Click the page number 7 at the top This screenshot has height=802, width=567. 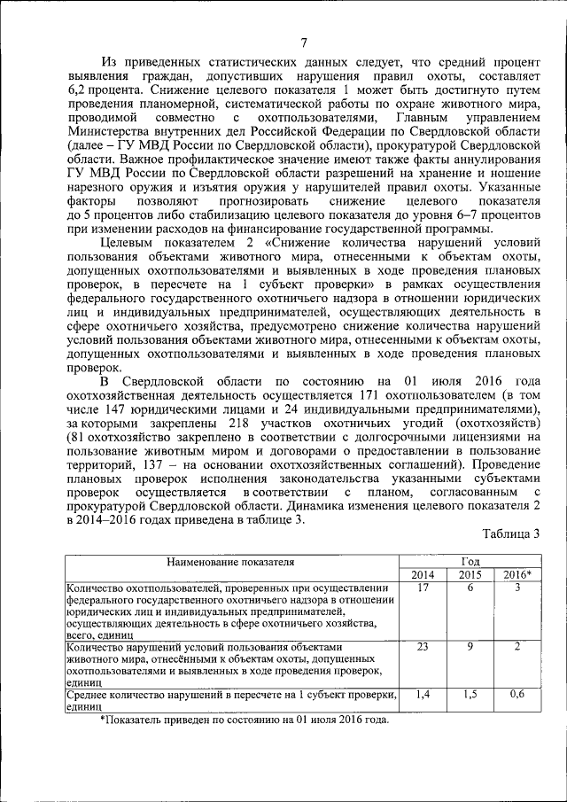tap(304, 43)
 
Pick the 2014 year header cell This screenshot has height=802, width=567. tap(423, 574)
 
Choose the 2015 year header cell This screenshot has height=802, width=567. tap(470, 574)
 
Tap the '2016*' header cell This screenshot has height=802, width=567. tap(517, 574)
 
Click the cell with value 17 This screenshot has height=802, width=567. tap(423, 588)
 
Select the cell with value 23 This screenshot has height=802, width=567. tap(423, 647)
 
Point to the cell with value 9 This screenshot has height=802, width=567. tap(470, 647)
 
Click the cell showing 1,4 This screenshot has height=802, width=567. tap(423, 695)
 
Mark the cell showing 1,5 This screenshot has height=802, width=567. tap(470, 695)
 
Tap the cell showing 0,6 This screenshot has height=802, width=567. tap(517, 695)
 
